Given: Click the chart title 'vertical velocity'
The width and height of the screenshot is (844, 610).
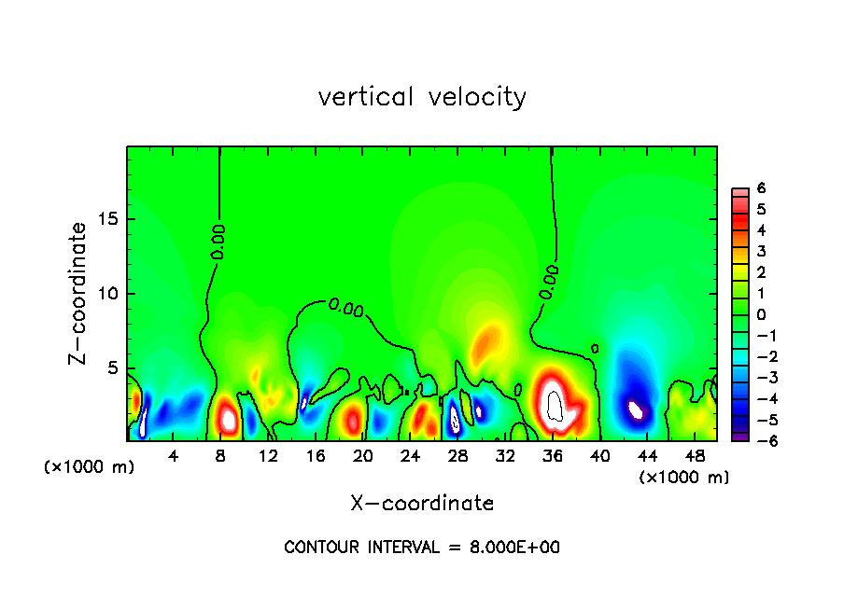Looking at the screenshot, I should coord(422,97).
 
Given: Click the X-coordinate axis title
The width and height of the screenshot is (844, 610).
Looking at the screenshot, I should coord(422,503).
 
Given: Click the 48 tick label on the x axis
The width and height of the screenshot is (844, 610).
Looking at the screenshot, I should coord(695,456).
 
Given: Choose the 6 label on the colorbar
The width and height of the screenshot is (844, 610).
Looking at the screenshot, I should coord(761,187).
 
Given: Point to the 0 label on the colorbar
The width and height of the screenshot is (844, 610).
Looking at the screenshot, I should coord(761,314).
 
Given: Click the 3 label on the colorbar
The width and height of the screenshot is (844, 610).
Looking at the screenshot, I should coord(761,251).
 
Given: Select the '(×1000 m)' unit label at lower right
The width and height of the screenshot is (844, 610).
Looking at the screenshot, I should coord(684,478).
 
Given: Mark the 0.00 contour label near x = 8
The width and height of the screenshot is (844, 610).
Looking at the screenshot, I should coord(218,241).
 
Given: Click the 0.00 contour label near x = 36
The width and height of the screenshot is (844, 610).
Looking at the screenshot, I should coord(549,282).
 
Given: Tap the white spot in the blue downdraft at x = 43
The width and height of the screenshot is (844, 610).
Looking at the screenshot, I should coord(636,409).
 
